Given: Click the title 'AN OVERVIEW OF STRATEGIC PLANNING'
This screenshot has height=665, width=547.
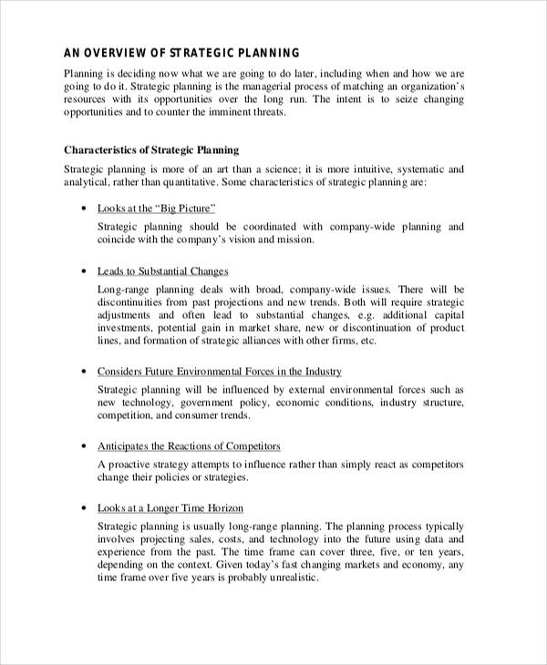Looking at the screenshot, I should click(181, 52).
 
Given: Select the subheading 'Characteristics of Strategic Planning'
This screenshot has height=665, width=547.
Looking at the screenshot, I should click(151, 149).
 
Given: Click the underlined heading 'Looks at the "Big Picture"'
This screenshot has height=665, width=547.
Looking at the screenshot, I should click(156, 209).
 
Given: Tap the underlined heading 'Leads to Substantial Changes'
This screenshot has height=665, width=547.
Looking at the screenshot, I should click(162, 271).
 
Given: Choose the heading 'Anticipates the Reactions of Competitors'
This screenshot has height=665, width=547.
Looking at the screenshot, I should click(188, 445).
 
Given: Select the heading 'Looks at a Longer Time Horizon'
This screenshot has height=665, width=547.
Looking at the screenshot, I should click(170, 507).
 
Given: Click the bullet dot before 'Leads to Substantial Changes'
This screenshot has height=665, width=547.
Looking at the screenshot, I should click(83, 271).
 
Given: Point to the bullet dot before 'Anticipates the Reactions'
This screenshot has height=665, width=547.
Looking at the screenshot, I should click(83, 446).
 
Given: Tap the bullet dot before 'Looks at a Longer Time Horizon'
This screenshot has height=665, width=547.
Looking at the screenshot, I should click(83, 508).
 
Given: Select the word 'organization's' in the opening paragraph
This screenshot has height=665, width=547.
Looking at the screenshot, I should click(428, 86).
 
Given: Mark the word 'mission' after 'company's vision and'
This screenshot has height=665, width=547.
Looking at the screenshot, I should click(294, 240).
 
